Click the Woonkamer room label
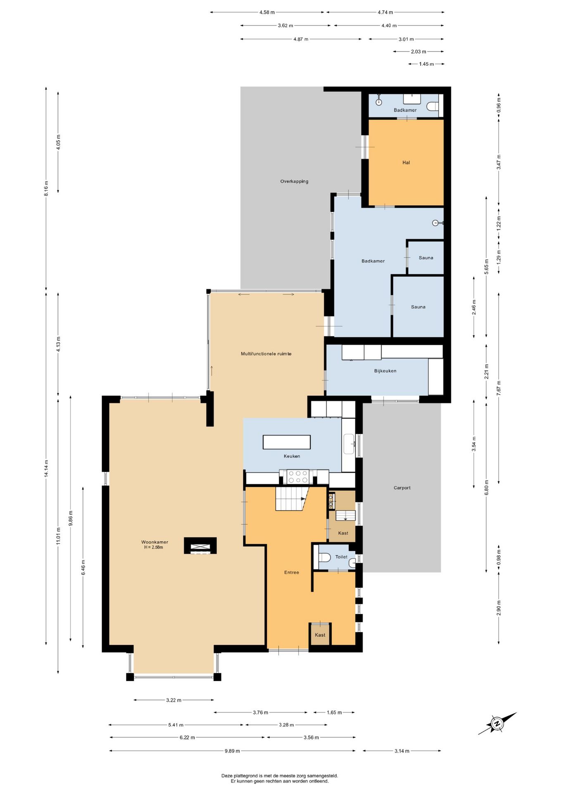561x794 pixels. point(155,542)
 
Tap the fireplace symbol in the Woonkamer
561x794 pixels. point(200,546)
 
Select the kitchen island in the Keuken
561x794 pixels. point(287,442)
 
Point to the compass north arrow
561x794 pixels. point(497,723)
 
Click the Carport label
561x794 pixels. point(402,488)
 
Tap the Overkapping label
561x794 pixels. point(294,182)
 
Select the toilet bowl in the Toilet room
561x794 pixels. point(323,557)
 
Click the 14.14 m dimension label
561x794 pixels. point(46,469)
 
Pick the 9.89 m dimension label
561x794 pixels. point(232,751)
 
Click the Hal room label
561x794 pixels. point(406,163)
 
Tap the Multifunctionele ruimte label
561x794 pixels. point(266,354)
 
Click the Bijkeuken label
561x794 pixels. point(385,371)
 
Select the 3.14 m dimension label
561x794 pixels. point(402,751)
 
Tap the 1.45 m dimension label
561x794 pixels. point(426,64)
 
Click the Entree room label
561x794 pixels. point(291,573)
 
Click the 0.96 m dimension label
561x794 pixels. point(499,105)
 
